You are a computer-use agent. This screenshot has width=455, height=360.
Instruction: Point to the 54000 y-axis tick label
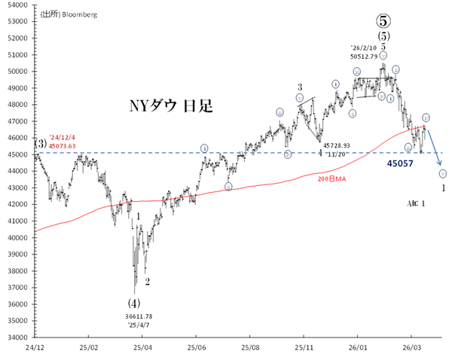(17, 5)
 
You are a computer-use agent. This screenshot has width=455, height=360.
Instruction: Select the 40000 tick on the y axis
(17, 237)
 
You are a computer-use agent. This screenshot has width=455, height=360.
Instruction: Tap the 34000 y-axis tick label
(17, 337)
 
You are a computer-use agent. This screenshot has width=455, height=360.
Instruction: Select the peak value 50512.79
(368, 56)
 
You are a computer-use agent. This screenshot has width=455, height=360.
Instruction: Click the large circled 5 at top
(383, 20)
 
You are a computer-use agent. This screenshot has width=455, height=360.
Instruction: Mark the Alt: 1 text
(416, 204)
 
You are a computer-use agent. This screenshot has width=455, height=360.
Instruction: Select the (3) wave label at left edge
(41, 143)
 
